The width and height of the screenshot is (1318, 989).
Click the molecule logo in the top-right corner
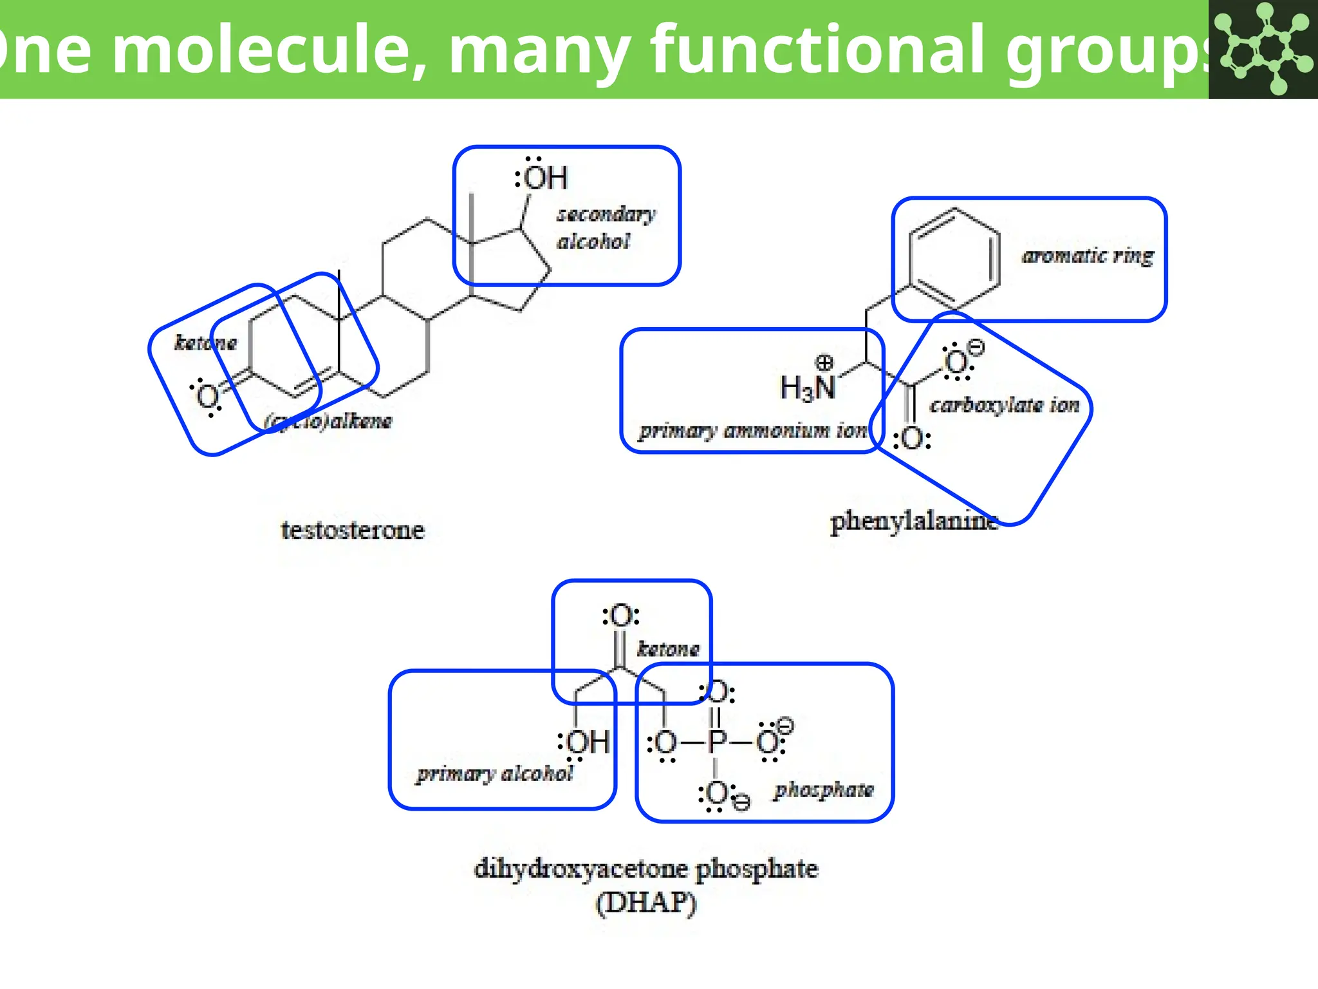coord(1263,49)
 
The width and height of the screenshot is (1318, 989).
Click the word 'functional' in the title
coord(817,50)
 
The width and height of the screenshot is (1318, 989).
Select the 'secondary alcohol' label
coord(605,228)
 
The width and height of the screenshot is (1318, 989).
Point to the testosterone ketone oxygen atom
coord(208,397)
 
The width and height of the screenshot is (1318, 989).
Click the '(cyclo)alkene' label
coord(328,421)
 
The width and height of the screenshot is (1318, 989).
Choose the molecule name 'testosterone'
coord(353,530)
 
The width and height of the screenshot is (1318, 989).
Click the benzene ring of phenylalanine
coord(954,258)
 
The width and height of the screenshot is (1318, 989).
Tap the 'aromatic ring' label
coord(1088,256)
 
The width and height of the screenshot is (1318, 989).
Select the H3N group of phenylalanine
coord(808,388)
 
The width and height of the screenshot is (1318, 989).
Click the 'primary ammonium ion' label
coord(753,430)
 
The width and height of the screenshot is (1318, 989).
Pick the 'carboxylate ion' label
coord(1004,405)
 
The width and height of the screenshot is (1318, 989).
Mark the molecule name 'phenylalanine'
coord(914,521)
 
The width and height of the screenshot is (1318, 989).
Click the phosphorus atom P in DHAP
coord(717,742)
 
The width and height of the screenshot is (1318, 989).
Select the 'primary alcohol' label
coord(494,773)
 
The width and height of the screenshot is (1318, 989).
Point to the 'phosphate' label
coord(824,789)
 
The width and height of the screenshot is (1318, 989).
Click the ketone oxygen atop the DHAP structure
coord(621,616)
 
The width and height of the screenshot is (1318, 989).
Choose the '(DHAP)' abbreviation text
coord(645,903)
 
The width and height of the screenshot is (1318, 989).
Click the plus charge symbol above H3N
coord(824,362)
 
